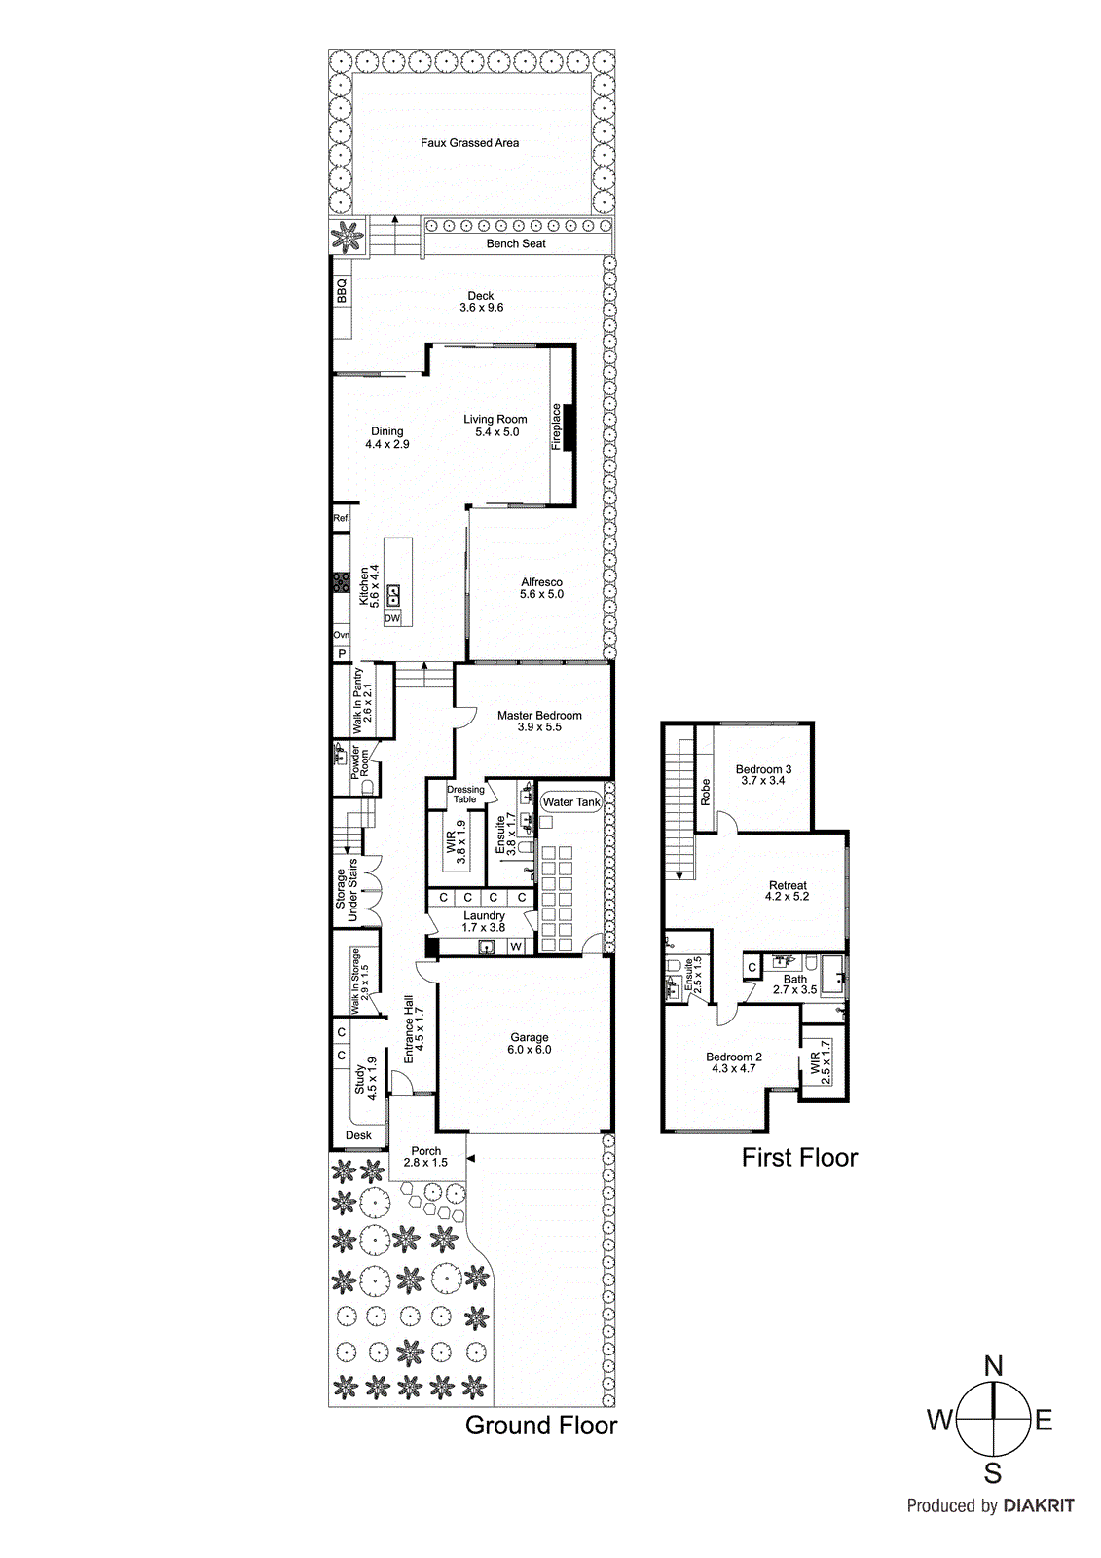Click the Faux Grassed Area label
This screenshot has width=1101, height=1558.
click(x=469, y=143)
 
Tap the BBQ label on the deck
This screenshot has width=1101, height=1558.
click(x=342, y=291)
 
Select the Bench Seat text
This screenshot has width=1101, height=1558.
click(x=516, y=243)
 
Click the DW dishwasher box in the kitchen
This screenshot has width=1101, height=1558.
click(x=392, y=618)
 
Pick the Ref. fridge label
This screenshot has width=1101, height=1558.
click(x=341, y=518)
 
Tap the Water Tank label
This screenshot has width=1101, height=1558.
click(x=571, y=802)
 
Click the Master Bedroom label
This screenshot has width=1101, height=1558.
click(x=539, y=716)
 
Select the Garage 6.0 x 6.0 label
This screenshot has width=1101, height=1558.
click(x=530, y=1043)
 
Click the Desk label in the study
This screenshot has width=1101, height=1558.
click(x=358, y=1135)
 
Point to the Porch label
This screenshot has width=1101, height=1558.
click(x=426, y=1151)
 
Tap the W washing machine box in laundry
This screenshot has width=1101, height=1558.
click(x=516, y=946)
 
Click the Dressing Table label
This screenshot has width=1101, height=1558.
click(x=465, y=795)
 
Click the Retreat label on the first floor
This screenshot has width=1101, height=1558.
click(x=788, y=885)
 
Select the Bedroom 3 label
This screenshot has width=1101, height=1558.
click(x=763, y=769)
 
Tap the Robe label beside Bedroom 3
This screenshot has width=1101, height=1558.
click(x=706, y=792)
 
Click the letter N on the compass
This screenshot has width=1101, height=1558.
click(x=993, y=1366)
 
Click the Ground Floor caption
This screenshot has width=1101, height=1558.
click(x=541, y=1426)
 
